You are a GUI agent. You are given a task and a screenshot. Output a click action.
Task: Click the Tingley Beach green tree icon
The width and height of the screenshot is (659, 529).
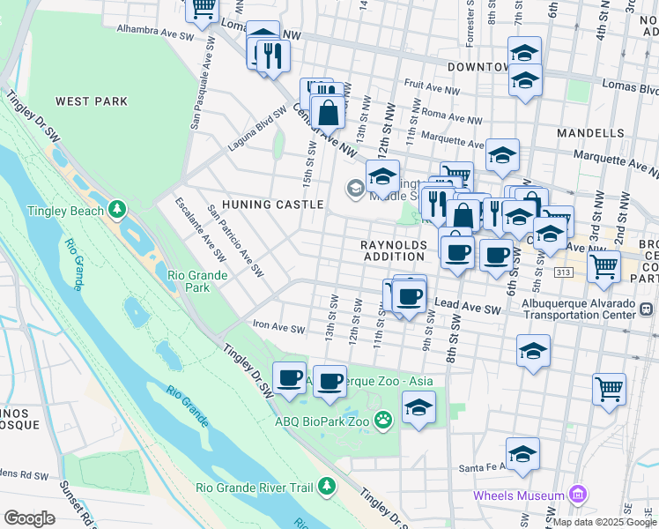[x=116, y=210]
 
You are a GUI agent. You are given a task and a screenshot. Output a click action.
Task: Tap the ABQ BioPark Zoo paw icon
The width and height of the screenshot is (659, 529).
[x=382, y=421]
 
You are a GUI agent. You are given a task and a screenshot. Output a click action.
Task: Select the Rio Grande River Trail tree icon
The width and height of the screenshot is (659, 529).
[x=327, y=486]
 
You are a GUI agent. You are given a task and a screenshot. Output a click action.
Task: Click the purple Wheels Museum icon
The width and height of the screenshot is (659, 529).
[x=578, y=495]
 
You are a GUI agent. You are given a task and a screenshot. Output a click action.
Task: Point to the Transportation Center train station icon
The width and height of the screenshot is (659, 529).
[x=647, y=309]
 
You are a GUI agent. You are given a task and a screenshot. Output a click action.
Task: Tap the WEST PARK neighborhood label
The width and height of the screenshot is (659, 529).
[x=92, y=101]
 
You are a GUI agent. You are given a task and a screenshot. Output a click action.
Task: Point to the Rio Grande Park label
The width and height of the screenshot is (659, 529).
[x=197, y=281]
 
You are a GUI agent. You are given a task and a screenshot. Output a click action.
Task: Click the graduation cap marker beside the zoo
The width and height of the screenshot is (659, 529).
[x=418, y=407]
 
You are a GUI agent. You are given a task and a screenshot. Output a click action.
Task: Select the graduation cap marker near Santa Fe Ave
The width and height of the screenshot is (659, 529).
[x=522, y=453]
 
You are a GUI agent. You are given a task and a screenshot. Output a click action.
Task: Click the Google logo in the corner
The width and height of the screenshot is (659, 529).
[x=29, y=518]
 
